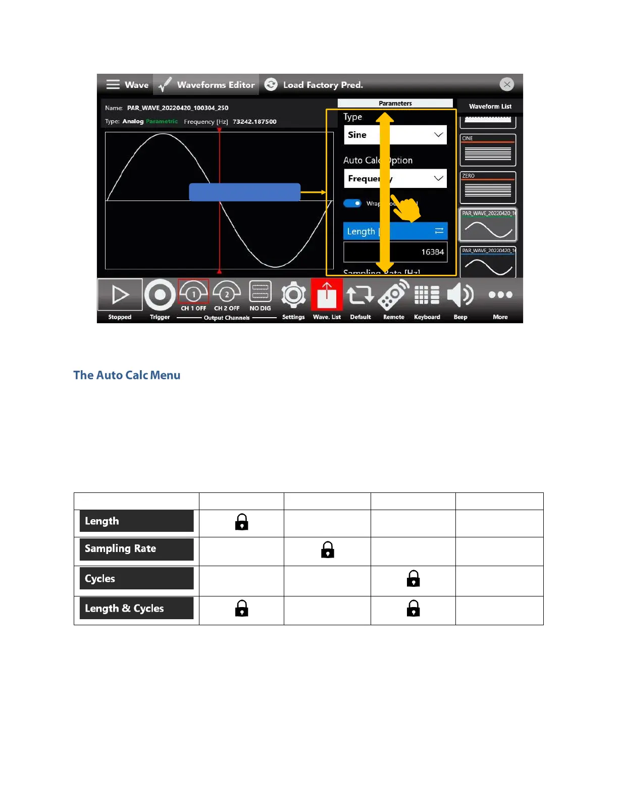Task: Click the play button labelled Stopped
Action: tap(120, 295)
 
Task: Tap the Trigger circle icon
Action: tap(160, 295)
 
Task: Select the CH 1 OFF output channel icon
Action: tap(193, 292)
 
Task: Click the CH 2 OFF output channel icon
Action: tap(227, 292)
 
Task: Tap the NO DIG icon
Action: tap(260, 292)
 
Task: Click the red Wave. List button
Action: tap(327, 295)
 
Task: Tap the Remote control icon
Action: tap(394, 295)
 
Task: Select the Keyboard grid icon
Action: tap(427, 295)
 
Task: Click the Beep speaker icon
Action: tap(460, 295)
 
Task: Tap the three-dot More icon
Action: tap(500, 295)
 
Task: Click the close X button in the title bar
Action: tap(507, 84)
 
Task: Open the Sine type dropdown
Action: tap(395, 135)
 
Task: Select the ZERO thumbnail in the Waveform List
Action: tap(488, 187)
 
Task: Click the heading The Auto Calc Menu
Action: tap(127, 375)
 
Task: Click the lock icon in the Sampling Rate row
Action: tap(328, 550)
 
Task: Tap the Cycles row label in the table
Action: tap(136, 579)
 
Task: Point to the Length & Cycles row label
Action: tap(136, 609)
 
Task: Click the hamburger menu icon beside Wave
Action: tap(113, 84)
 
